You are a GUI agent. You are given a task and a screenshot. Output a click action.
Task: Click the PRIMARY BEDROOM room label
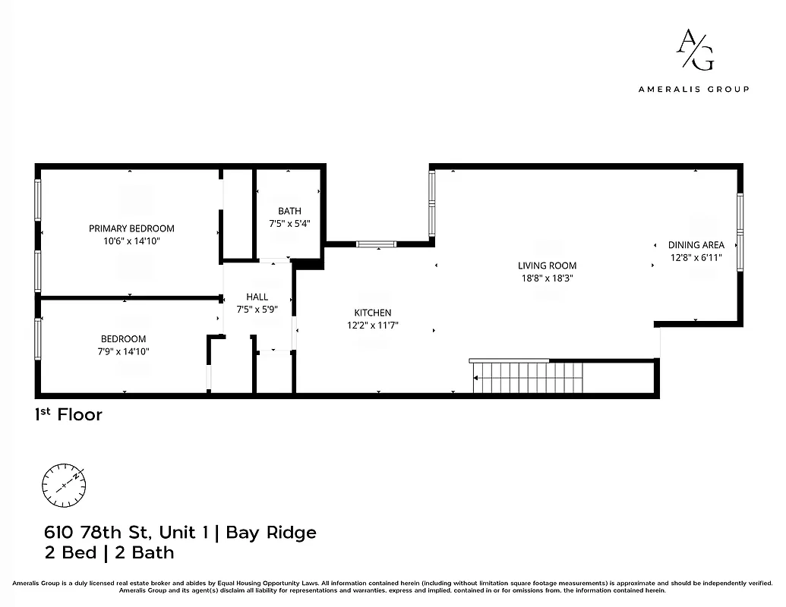tap(131, 228)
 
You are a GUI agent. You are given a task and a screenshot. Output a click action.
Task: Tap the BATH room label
tap(289, 211)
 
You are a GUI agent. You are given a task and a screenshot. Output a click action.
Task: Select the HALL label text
tap(257, 297)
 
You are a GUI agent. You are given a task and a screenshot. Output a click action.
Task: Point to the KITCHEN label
tap(373, 313)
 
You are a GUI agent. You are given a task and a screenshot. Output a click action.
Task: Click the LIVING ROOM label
tap(547, 266)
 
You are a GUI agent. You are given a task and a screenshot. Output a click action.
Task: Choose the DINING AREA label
tap(696, 245)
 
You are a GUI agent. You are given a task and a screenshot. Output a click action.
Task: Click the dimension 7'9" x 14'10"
tap(124, 351)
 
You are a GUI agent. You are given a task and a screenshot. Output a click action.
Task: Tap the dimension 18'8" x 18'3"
tap(547, 278)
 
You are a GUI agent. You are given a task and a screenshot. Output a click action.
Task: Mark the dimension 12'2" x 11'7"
tap(373, 325)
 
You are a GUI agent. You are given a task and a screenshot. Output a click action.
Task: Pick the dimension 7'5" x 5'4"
tap(289, 224)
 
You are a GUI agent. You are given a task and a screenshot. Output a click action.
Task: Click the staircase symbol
tap(527, 377)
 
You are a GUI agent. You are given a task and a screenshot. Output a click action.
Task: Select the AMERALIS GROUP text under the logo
tap(693, 89)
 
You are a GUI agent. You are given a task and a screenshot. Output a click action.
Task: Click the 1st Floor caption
tap(68, 415)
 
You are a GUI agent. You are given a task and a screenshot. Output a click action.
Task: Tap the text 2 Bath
tap(144, 552)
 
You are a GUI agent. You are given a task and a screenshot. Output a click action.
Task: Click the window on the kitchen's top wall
tap(377, 244)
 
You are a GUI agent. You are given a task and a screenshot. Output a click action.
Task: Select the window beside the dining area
tap(740, 232)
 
